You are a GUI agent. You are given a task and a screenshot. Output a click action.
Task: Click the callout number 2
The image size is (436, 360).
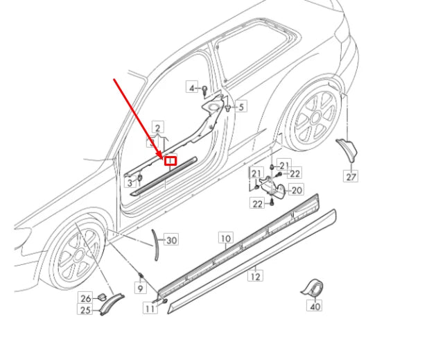click(158, 128)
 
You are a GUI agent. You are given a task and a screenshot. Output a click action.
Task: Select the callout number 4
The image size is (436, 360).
click(192, 87)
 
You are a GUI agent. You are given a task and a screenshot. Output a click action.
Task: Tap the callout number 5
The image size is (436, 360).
click(241, 107)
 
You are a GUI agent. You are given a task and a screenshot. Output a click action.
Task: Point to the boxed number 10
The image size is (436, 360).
click(226, 238)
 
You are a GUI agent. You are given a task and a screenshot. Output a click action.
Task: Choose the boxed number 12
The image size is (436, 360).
click(255, 275)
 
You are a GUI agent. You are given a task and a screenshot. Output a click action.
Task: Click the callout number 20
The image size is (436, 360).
click(296, 190)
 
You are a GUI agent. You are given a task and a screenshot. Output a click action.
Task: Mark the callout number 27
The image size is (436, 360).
click(351, 177)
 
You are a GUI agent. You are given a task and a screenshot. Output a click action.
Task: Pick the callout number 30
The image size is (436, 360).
click(171, 240)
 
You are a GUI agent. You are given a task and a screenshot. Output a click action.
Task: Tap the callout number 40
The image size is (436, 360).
click(315, 306)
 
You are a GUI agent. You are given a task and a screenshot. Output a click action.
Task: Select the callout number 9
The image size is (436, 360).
click(139, 287)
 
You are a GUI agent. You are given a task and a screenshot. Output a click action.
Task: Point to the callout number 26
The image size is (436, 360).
click(85, 298)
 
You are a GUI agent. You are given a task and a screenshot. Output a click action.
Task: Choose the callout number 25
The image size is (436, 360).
click(85, 310)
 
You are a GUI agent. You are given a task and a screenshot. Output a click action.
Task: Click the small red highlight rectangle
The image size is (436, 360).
click(170, 161)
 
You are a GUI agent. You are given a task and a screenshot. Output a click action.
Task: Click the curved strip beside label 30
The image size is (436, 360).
click(155, 243)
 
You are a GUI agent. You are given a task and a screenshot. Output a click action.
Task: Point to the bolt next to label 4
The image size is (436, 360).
click(205, 89)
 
